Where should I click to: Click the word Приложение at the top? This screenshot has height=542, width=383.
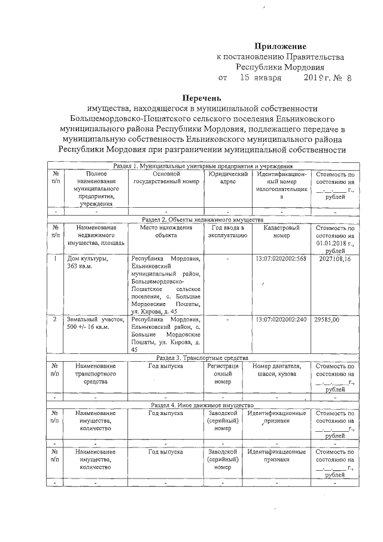click(x=280, y=46)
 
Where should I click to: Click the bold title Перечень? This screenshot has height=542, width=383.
click(x=202, y=98)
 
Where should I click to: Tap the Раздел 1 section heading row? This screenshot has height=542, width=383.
click(x=203, y=165)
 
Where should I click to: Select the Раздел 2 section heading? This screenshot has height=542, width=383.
click(x=203, y=220)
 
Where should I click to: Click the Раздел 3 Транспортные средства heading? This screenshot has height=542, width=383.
click(x=203, y=358)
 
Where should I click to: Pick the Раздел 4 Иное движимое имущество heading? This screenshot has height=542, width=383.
click(x=203, y=405)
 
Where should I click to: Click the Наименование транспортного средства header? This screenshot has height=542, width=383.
click(x=96, y=373)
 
